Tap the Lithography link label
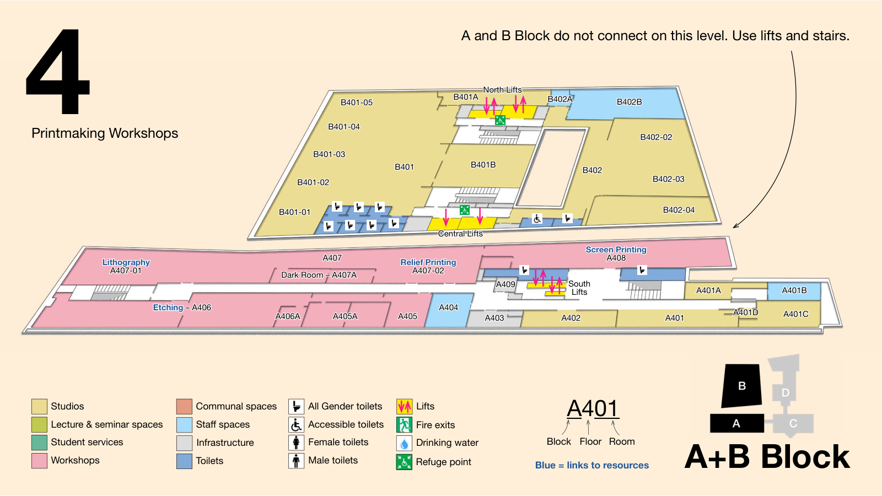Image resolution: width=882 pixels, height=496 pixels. click(126, 262)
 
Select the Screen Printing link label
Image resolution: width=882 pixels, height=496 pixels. click(616, 250)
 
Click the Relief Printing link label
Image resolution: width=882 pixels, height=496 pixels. click(428, 262)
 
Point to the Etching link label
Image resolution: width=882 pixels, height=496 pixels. click(168, 308)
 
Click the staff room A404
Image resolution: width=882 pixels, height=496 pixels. click(449, 310)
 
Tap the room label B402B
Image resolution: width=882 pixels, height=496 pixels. click(629, 102)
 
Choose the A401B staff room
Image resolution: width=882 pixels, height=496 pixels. click(794, 291)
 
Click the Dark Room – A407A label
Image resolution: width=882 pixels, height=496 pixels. click(319, 275)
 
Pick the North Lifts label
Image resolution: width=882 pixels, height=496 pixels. click(502, 90)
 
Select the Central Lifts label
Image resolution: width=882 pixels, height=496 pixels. click(460, 234)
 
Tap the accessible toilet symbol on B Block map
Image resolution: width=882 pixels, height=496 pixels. click(537, 218)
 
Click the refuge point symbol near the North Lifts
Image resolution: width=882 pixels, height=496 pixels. click(500, 120)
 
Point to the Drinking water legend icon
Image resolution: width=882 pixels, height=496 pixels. click(404, 444)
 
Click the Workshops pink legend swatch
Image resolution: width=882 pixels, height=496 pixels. click(39, 461)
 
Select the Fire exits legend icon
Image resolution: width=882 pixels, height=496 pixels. click(404, 425)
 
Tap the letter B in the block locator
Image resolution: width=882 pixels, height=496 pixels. click(742, 386)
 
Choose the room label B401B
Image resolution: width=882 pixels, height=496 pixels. click(483, 165)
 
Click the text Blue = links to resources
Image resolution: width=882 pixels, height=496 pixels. click(592, 465)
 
